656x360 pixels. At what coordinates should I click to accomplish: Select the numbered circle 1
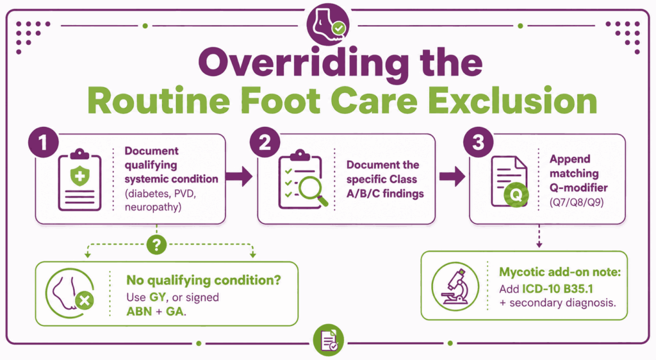pos(43,142)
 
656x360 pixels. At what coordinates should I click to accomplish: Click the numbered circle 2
pos(265,142)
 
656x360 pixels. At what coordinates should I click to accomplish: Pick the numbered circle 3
pos(478,142)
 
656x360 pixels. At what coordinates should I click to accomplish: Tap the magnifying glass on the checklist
pos(313,191)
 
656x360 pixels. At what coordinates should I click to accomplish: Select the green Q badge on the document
pos(516,195)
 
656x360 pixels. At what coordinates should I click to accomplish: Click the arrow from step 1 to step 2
pos(239,176)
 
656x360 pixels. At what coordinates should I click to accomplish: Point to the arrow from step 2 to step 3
pos(452,176)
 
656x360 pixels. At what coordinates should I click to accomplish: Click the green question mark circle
pos(156,245)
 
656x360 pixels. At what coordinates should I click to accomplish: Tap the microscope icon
pos(455,286)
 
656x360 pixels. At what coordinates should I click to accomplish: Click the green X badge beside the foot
pos(85,300)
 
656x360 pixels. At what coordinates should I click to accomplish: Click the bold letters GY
pos(158,297)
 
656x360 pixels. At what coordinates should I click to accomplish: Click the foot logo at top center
pos(328,24)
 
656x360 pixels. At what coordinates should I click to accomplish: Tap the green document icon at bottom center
pos(329,340)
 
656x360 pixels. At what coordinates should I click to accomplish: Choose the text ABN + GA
pos(155,311)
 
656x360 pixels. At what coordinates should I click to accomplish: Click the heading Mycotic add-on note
pos(560,272)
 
